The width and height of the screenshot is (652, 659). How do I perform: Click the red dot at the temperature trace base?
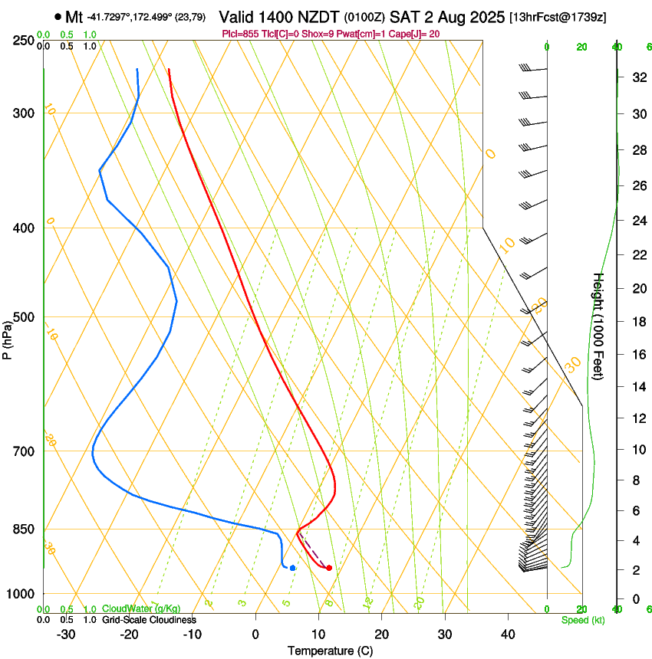click(x=329, y=568)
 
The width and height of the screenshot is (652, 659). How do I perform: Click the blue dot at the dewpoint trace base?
click(x=293, y=568)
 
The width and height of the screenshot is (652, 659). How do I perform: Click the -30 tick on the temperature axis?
click(x=66, y=634)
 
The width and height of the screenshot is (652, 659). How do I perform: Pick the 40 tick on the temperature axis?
click(x=508, y=634)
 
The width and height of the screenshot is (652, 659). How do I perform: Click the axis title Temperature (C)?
click(x=330, y=651)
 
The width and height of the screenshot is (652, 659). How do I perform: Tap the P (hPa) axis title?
click(x=8, y=337)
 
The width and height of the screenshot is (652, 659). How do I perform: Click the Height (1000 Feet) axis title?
click(x=599, y=326)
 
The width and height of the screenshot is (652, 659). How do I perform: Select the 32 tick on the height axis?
click(x=637, y=77)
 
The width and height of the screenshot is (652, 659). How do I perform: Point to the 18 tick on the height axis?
click(x=637, y=322)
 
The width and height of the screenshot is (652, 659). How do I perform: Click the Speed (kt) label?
click(x=582, y=620)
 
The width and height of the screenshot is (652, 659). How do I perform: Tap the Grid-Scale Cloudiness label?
click(x=149, y=620)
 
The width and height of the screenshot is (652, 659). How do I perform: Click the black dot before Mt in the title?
click(x=58, y=16)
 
